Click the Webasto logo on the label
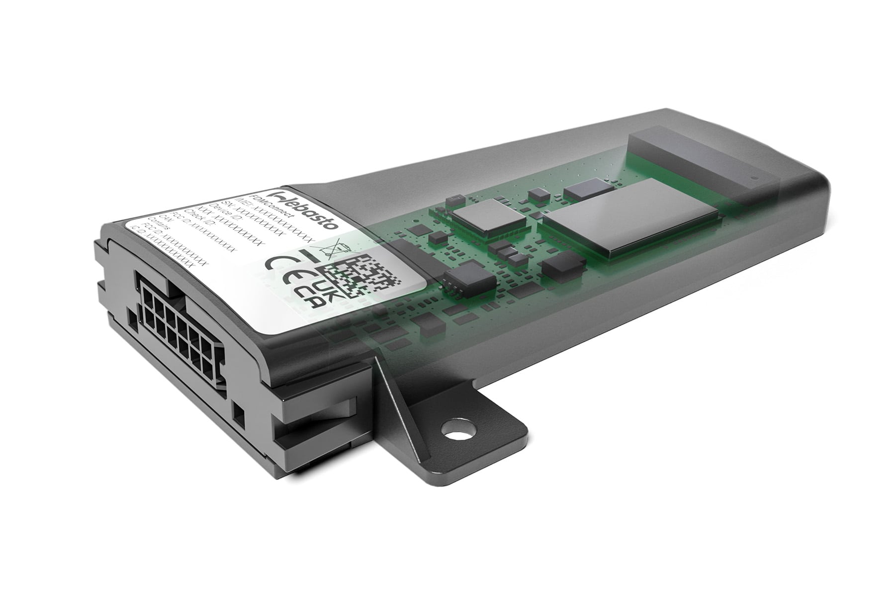click(x=304, y=208)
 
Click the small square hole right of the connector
click(x=239, y=412)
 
